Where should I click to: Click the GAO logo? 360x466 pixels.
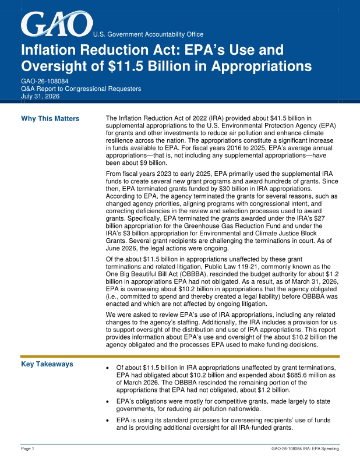[x=57, y=24]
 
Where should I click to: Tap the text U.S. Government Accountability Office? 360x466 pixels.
[x=149, y=34]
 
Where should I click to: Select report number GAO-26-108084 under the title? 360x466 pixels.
[x=45, y=81]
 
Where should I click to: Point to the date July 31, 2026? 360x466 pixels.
[x=40, y=96]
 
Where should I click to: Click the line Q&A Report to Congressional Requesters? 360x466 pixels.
[x=81, y=89]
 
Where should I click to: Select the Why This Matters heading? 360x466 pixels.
[x=50, y=119]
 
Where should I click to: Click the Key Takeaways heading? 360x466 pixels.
[x=47, y=364]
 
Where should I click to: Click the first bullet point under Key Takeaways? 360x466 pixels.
[x=108, y=368]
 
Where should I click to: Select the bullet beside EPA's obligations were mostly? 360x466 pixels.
[x=108, y=402]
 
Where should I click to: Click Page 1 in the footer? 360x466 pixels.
[x=27, y=449]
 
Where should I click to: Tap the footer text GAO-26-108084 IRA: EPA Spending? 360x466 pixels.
[x=305, y=449]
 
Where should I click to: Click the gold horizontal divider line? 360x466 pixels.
[x=180, y=356]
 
